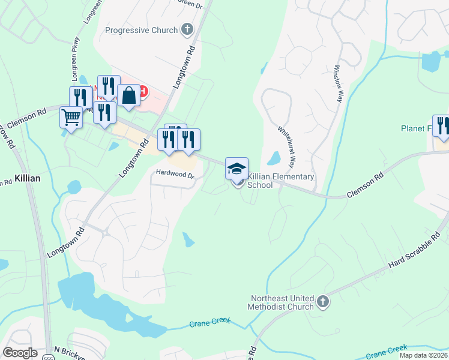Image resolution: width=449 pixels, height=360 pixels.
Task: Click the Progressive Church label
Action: tap(141, 30)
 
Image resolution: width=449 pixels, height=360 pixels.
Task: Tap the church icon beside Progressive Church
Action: tap(187, 29)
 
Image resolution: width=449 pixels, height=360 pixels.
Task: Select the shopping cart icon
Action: tap(71, 117)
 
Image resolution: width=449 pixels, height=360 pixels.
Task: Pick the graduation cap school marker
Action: tap(237, 168)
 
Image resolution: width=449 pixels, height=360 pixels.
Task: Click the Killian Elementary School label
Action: tap(281, 181)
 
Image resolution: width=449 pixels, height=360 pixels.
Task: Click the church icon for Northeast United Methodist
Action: tap(323, 302)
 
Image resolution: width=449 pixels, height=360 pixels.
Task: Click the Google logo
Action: tap(20, 353)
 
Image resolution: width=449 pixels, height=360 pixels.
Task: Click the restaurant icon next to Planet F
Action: tap(442, 125)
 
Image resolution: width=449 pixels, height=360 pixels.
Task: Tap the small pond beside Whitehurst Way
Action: tap(274, 158)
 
